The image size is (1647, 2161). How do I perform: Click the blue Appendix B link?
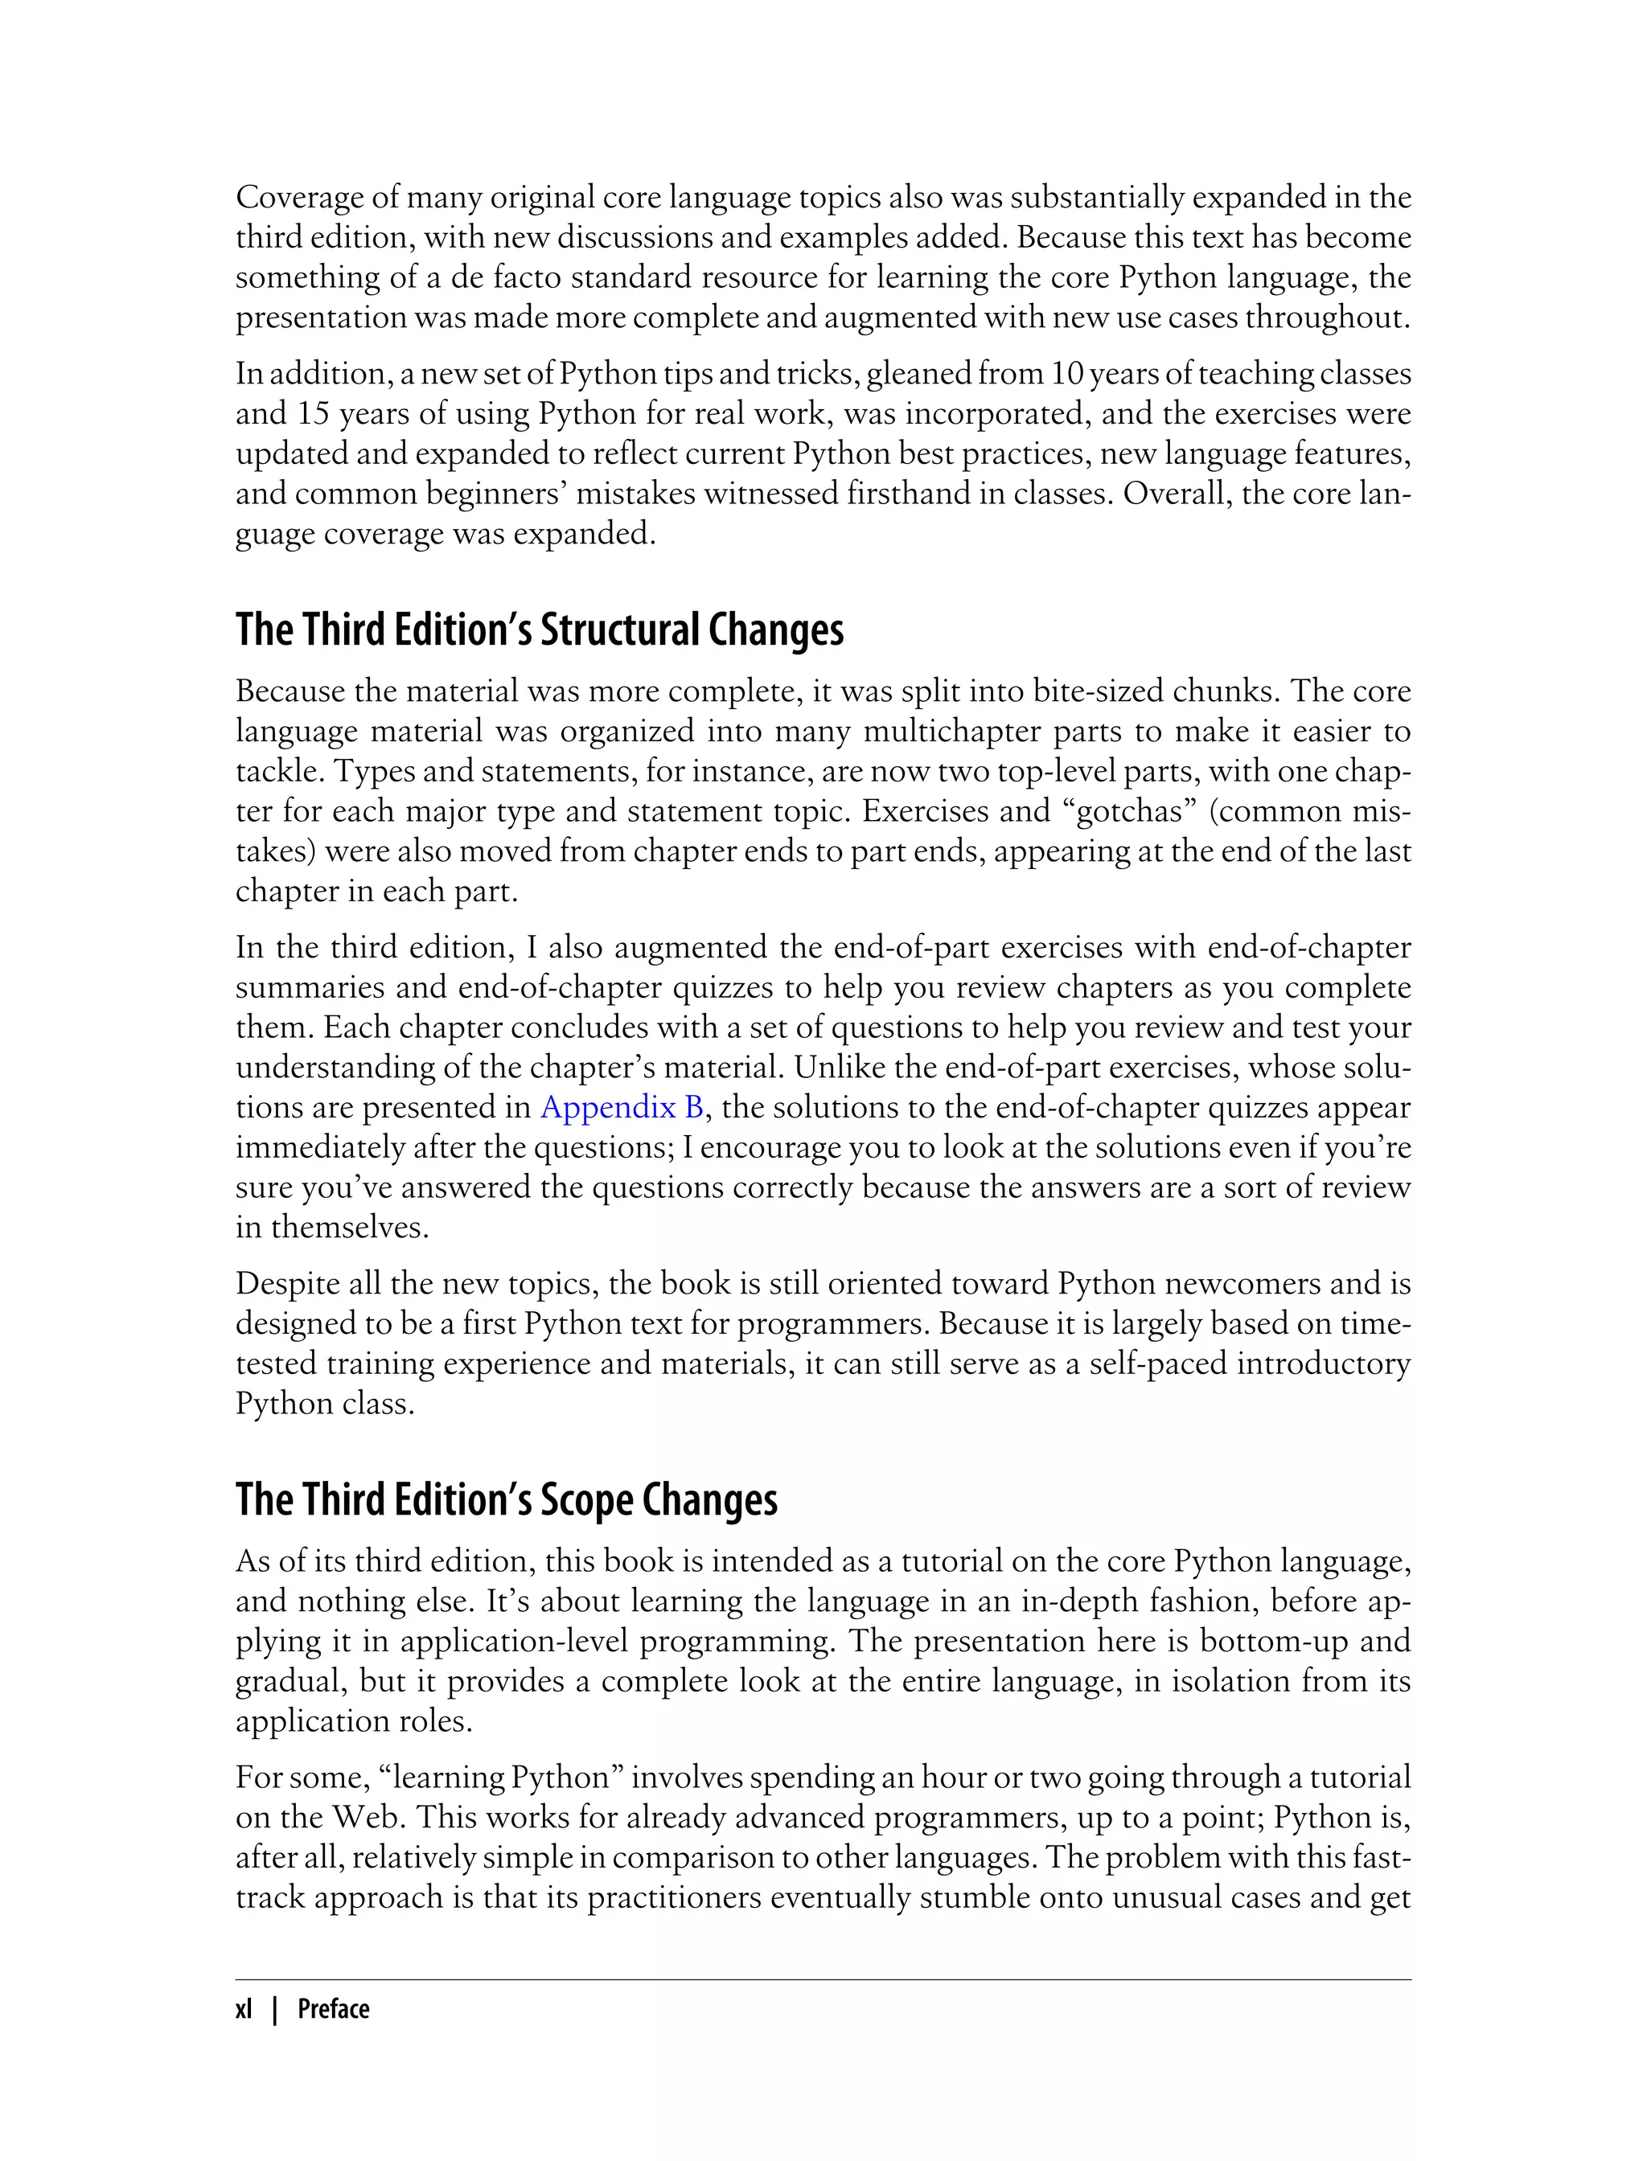pos(622,1108)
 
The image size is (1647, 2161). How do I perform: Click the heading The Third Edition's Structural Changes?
pos(539,630)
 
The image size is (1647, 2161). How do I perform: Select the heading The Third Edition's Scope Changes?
pos(506,1499)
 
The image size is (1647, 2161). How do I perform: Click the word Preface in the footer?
pos(333,2009)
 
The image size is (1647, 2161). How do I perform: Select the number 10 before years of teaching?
pos(1066,373)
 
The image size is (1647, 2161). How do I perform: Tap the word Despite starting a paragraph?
pos(290,1283)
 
